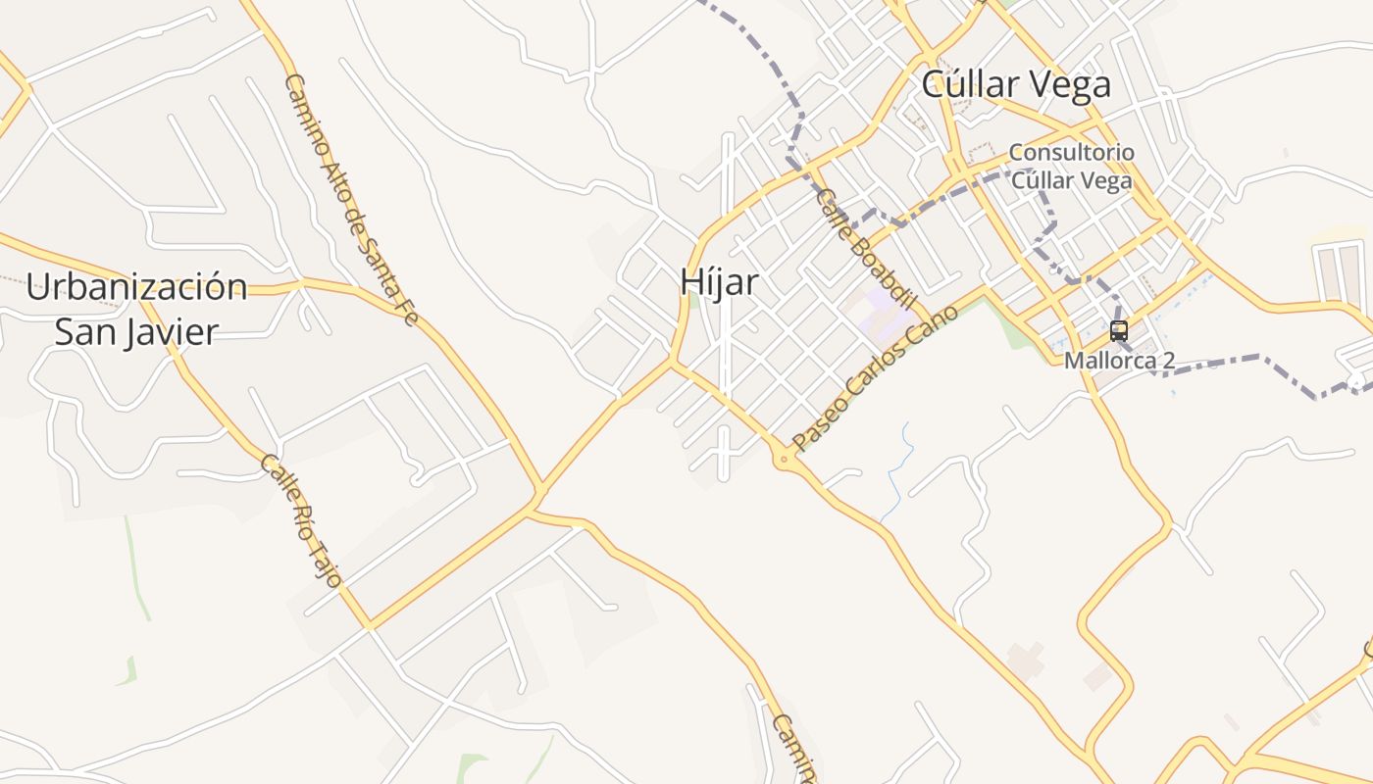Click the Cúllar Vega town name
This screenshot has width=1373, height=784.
point(1016,84)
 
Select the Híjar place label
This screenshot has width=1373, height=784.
point(720,282)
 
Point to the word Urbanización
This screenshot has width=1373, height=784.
point(136,287)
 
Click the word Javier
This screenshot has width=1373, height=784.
point(169,331)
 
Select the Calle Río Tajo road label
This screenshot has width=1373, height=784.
point(301,520)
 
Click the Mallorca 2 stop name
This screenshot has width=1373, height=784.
point(1119,361)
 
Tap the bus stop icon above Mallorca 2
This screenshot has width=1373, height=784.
point(1119,330)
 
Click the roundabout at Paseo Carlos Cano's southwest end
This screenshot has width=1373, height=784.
point(785,459)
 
